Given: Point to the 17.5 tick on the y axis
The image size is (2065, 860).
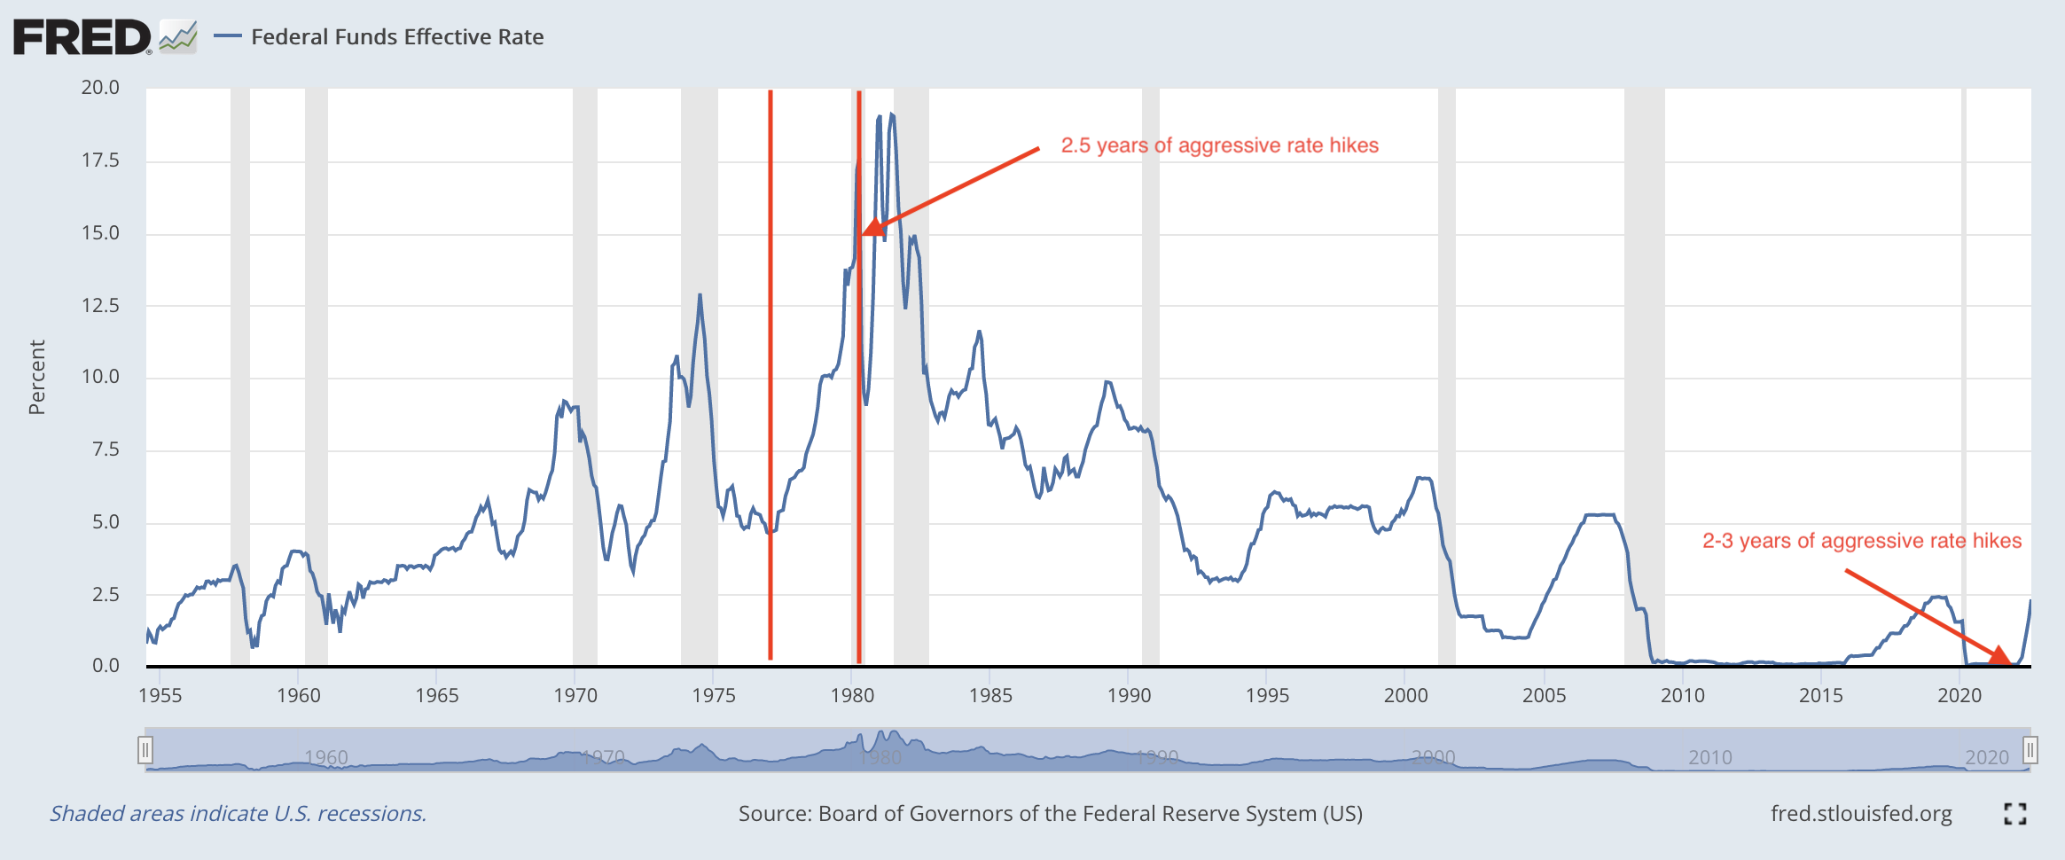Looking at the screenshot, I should click(100, 160).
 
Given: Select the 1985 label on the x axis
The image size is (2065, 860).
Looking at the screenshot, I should click(989, 695).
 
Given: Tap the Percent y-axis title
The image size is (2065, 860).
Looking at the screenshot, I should click(36, 377).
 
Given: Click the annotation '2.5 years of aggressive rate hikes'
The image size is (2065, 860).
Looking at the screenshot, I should click(1219, 145).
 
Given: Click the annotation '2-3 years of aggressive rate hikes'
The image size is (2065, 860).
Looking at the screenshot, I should click(1861, 541).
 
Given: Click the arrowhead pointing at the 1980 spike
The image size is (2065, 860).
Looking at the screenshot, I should click(873, 229).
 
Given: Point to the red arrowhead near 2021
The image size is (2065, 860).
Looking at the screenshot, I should click(2000, 656).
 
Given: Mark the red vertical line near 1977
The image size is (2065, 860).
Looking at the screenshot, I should click(770, 372).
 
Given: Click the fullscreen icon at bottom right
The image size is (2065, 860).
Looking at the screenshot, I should click(2014, 814).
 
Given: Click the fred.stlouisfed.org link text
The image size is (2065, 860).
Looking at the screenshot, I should click(1860, 814).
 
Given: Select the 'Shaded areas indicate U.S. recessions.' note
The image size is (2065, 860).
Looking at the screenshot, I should click(238, 814).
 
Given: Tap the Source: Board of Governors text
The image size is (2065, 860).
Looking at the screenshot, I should click(1050, 814).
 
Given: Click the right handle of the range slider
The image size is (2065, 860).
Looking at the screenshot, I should click(2030, 751).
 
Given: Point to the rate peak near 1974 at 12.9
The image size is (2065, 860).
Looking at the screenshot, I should click(700, 295).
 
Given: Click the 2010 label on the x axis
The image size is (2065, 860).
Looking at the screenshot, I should click(1682, 695).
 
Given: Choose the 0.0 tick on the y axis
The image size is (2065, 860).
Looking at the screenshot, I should click(106, 665).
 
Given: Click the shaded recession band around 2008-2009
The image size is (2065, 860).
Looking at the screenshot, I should click(1644, 372).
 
